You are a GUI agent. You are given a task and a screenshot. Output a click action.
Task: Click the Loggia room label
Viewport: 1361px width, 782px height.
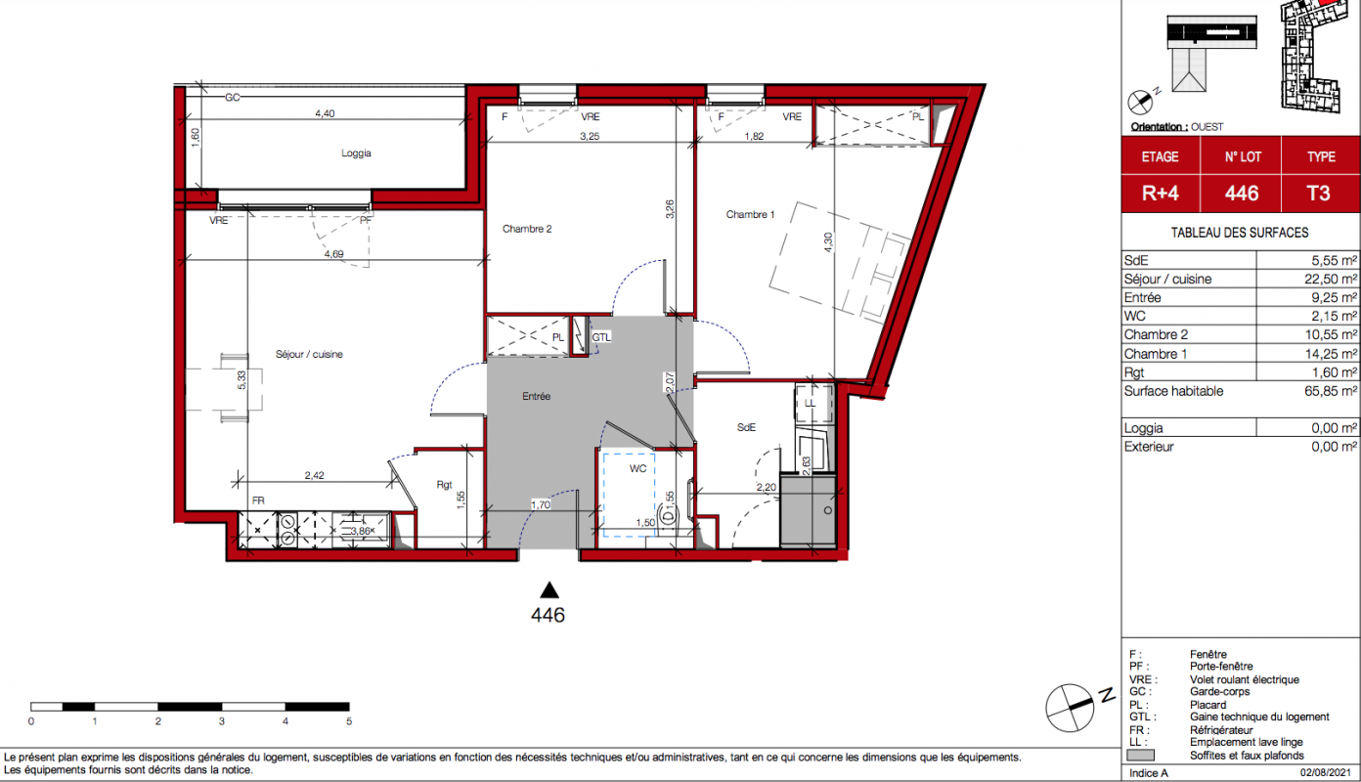pos(356,153)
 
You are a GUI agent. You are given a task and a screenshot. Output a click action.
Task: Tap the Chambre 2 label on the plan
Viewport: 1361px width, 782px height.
pos(527,229)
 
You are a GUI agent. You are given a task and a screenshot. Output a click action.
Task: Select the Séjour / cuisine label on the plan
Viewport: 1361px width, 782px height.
pos(309,354)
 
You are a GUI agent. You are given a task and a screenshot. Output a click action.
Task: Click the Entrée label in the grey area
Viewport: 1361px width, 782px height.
pos(537,396)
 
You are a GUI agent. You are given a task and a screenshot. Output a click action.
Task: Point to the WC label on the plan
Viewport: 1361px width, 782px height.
pos(637,468)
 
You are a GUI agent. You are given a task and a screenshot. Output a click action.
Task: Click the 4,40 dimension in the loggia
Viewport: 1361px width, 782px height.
pos(325,113)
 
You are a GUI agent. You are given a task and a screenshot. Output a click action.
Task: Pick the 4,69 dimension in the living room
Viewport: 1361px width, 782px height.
pos(334,254)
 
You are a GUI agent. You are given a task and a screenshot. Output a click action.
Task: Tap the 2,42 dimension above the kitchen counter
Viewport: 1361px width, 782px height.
pos(314,475)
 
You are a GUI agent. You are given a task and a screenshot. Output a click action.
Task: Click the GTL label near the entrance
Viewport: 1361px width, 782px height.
pos(601,337)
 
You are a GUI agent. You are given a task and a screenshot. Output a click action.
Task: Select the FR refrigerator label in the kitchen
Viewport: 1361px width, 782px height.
pos(258,500)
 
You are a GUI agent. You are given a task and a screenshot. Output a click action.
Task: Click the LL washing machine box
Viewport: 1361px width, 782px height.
pos(813,403)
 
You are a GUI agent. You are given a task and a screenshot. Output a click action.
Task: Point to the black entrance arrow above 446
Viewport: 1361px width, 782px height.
pos(549,590)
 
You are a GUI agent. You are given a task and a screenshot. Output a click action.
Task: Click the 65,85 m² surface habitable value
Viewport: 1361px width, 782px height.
pos(1331,391)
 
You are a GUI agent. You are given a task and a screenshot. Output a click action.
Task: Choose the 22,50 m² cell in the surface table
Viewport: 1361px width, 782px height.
pos(1331,279)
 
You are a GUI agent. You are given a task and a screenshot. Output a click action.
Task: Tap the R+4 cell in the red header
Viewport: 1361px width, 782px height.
pos(1160,194)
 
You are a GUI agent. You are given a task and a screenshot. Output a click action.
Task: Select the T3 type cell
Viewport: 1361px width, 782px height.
pos(1318,194)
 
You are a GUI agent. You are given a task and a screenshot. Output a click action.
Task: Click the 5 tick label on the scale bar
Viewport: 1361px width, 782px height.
pos(349,721)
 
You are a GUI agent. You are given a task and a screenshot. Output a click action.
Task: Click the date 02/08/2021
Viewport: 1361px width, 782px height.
pos(1325,773)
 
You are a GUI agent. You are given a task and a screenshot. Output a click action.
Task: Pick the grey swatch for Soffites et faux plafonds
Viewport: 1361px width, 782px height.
pos(1140,756)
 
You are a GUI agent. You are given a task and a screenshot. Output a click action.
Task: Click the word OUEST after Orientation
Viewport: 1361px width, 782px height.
pos(1207,127)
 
